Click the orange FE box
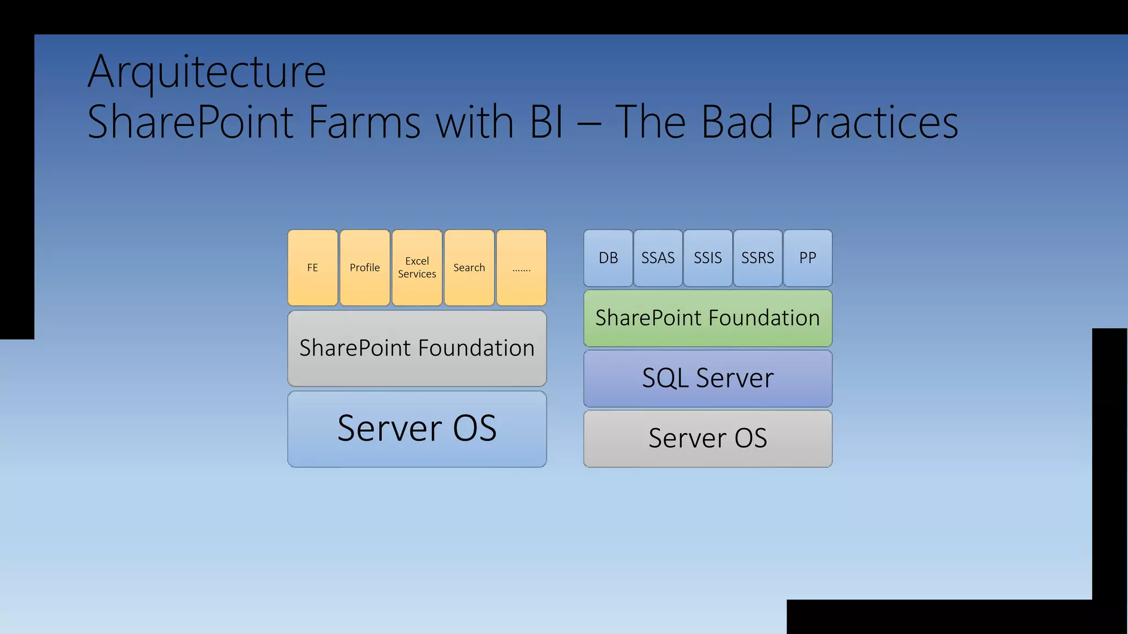tap(312, 267)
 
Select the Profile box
tap(365, 267)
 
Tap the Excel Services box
tap(417, 267)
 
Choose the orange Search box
tap(469, 267)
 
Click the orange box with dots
tap(521, 267)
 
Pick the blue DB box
tap(608, 258)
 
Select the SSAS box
tap(658, 258)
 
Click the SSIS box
tap(708, 258)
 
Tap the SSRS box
tap(757, 258)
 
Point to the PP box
tap(807, 258)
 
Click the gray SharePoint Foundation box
tap(417, 348)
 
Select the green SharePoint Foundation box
tap(708, 318)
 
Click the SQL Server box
tap(708, 378)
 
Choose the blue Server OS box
tap(417, 429)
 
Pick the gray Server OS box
tap(708, 438)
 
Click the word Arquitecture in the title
tap(207, 72)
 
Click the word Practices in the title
tap(874, 122)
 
